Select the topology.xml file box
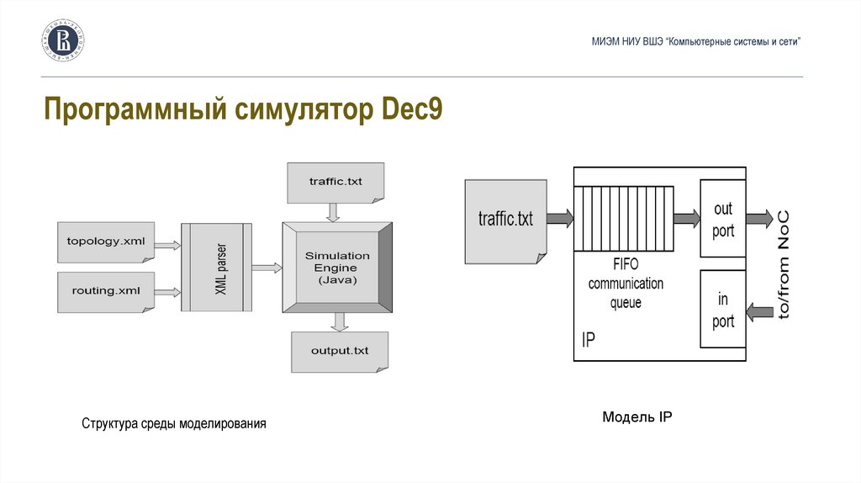(x=106, y=242)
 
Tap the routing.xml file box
(x=106, y=291)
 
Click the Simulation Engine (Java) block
(x=337, y=268)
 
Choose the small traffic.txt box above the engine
(x=335, y=182)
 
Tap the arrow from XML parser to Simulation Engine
(x=267, y=268)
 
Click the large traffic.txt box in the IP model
(x=506, y=220)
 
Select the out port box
(x=723, y=219)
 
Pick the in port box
(x=723, y=310)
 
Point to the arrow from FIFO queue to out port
(x=686, y=219)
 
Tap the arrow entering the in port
(x=761, y=312)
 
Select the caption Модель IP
(x=637, y=417)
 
